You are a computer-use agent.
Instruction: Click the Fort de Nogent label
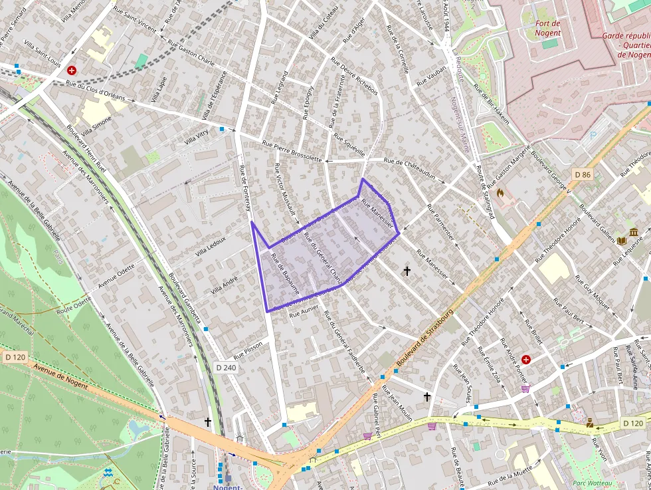point(547,28)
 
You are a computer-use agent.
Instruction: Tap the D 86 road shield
point(583,175)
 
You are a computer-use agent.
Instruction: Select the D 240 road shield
point(226,368)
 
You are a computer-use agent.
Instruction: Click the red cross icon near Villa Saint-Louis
point(72,70)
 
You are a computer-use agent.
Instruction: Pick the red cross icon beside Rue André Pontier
point(526,360)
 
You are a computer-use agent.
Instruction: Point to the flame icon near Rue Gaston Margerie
point(500,193)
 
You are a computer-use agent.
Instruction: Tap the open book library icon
point(622,241)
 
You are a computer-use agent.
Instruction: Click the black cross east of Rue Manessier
point(407,271)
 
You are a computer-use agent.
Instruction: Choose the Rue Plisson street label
point(248,350)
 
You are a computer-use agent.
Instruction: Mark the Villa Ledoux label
point(211,247)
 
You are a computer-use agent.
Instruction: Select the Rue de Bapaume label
point(286,275)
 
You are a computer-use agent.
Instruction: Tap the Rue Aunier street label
point(305,311)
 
